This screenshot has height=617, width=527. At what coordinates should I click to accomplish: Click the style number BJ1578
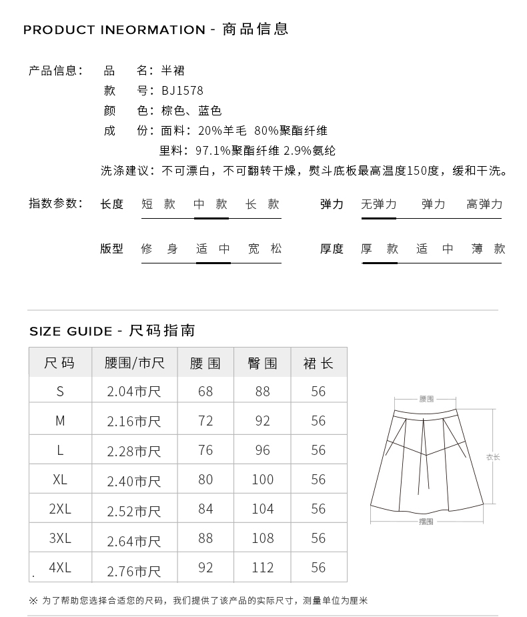[x=182, y=91]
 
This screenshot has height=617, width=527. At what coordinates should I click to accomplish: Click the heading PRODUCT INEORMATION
[x=114, y=30]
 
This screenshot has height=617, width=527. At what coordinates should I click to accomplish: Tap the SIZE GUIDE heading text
[x=71, y=332]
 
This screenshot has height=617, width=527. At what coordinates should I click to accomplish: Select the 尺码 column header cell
[x=59, y=364]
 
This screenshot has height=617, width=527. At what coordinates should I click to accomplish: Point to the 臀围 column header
[x=262, y=364]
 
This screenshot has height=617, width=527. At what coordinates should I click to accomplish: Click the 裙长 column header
[x=318, y=364]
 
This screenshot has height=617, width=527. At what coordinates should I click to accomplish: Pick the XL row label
[x=60, y=480]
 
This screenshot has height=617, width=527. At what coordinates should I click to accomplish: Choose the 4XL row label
[x=60, y=568]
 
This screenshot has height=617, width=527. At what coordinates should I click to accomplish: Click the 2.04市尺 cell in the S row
[x=134, y=392]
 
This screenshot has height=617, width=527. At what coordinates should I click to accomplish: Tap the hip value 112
[x=263, y=568]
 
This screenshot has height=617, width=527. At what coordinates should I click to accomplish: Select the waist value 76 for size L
[x=205, y=450]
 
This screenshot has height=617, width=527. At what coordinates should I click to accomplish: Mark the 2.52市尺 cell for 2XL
[x=134, y=511]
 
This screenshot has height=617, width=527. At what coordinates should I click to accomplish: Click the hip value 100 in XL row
[x=263, y=480]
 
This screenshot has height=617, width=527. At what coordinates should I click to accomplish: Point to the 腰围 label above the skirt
[x=426, y=399]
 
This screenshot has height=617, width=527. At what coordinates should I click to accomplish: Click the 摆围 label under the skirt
[x=426, y=522]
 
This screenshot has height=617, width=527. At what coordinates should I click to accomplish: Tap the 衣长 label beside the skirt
[x=493, y=457]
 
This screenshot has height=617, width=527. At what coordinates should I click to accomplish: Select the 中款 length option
[x=211, y=205]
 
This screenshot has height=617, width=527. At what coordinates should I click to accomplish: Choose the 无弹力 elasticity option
[x=378, y=205]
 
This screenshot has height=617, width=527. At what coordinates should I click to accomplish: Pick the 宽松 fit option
[x=265, y=249]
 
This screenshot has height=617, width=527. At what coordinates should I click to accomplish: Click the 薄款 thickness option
[x=488, y=249]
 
